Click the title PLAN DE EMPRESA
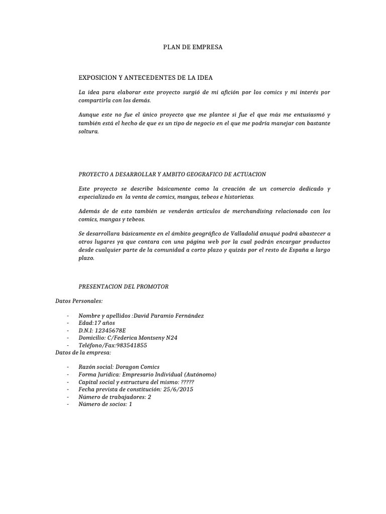pyautogui.click(x=193, y=47)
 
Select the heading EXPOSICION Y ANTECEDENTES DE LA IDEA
pyautogui.click(x=146, y=78)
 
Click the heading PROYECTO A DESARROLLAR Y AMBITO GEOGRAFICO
pyautogui.click(x=172, y=174)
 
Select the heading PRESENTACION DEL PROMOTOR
pyautogui.click(x=124, y=287)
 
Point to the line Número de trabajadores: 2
pyautogui.click(x=115, y=397)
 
